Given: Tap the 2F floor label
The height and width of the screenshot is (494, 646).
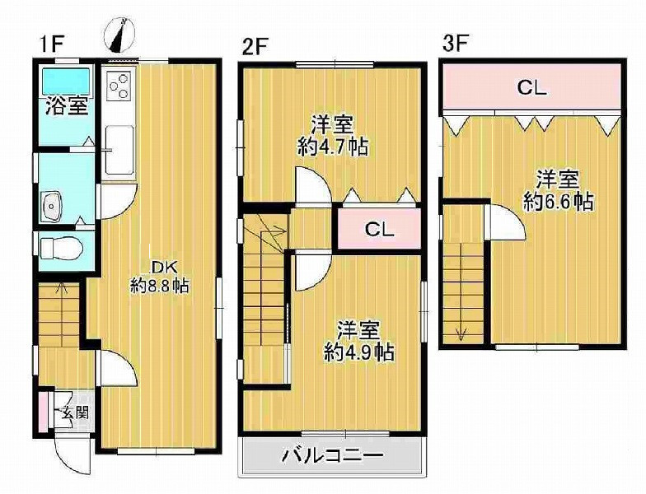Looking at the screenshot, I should pyautogui.click(x=254, y=45).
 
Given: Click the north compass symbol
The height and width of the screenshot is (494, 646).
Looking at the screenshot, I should pyautogui.click(x=119, y=34).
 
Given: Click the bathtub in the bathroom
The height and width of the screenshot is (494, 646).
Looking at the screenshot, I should pyautogui.click(x=67, y=82).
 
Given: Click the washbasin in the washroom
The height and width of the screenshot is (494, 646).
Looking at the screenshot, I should pyautogui.click(x=52, y=205).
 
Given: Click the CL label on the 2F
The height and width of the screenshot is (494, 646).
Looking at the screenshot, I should pyautogui.click(x=379, y=230).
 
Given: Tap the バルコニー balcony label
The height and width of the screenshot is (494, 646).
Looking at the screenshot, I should pyautogui.click(x=332, y=455).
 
